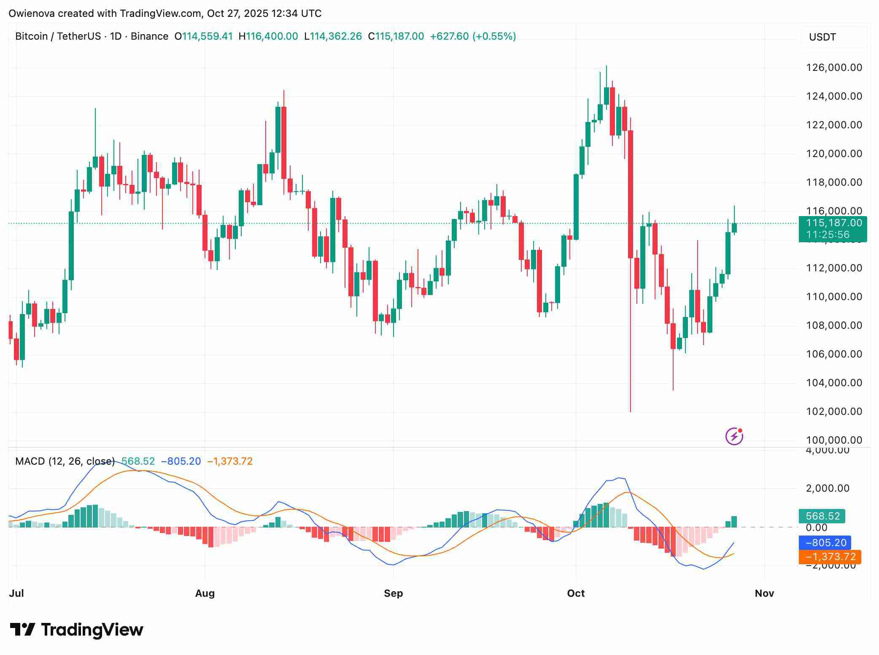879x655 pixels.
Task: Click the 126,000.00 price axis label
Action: (834, 68)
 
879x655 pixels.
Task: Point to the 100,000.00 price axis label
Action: (834, 440)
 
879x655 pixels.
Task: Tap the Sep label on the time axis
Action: (393, 593)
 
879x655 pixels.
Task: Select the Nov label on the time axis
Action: (764, 593)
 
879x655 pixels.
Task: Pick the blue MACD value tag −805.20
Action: (825, 543)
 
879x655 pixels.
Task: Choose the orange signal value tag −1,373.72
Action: (830, 557)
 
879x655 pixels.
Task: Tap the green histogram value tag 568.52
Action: (822, 516)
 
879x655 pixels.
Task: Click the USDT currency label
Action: (822, 37)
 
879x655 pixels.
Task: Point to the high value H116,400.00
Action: (268, 36)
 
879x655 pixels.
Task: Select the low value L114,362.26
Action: (333, 36)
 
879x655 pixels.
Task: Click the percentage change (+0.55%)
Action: (494, 36)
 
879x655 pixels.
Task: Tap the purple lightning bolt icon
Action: (734, 436)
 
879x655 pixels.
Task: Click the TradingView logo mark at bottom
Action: (22, 630)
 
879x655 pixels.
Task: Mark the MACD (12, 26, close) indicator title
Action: (65, 461)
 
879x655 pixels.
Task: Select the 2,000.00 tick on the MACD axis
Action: (828, 488)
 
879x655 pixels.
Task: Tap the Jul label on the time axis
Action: (16, 593)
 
